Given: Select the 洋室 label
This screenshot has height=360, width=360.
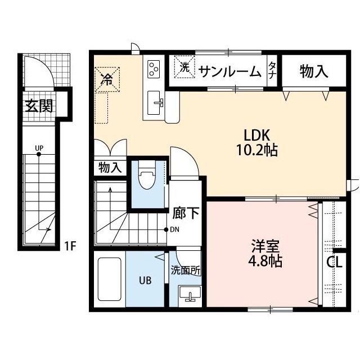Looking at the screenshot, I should click(263, 247).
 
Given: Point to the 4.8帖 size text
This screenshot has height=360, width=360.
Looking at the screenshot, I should click(263, 262).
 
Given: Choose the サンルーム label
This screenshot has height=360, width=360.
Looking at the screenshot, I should click(229, 71).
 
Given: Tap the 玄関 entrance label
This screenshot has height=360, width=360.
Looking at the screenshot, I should click(39, 106).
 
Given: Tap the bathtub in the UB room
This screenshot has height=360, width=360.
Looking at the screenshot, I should click(109, 280).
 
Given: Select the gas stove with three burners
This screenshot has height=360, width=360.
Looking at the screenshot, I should click(154, 69).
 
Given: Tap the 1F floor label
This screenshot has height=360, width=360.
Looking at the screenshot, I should click(69, 245).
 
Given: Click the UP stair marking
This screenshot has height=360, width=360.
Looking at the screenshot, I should click(39, 149).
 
